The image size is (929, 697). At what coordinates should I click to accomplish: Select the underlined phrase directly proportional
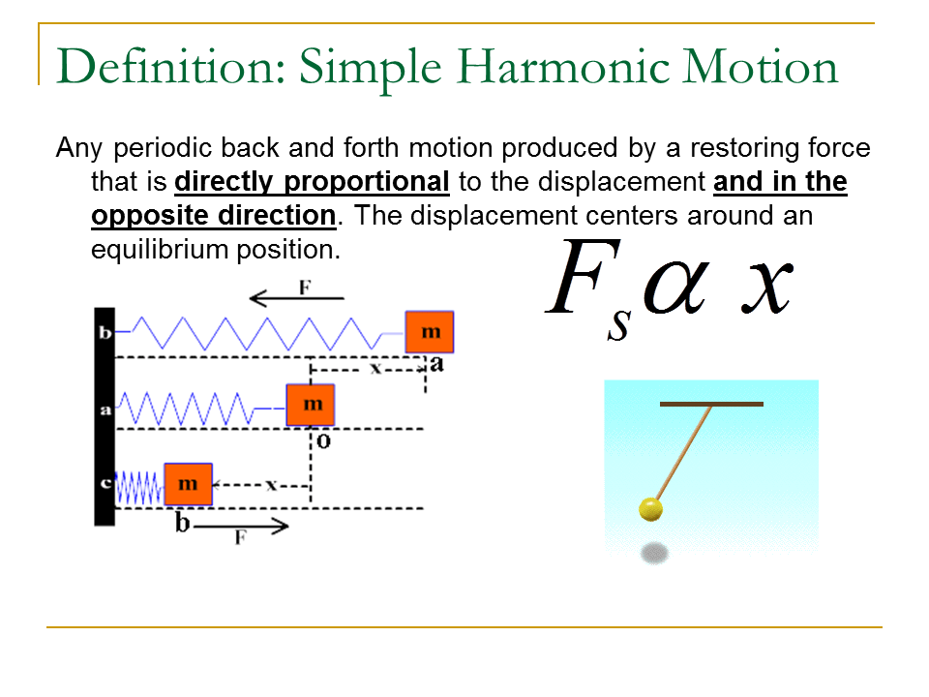[x=312, y=182]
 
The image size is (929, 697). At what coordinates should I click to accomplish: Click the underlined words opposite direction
[x=213, y=215]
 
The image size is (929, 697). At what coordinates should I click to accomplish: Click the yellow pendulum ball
[x=651, y=508]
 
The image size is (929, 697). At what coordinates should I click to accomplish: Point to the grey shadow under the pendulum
[x=655, y=554]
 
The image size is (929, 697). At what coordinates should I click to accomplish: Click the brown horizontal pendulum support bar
[x=711, y=403]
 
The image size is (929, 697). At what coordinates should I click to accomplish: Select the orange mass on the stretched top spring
[x=429, y=332]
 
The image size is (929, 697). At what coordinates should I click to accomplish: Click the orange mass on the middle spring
[x=311, y=404]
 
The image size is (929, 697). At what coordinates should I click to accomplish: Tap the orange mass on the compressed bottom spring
[x=188, y=484]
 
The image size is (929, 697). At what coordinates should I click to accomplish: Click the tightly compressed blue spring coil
[x=139, y=487]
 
